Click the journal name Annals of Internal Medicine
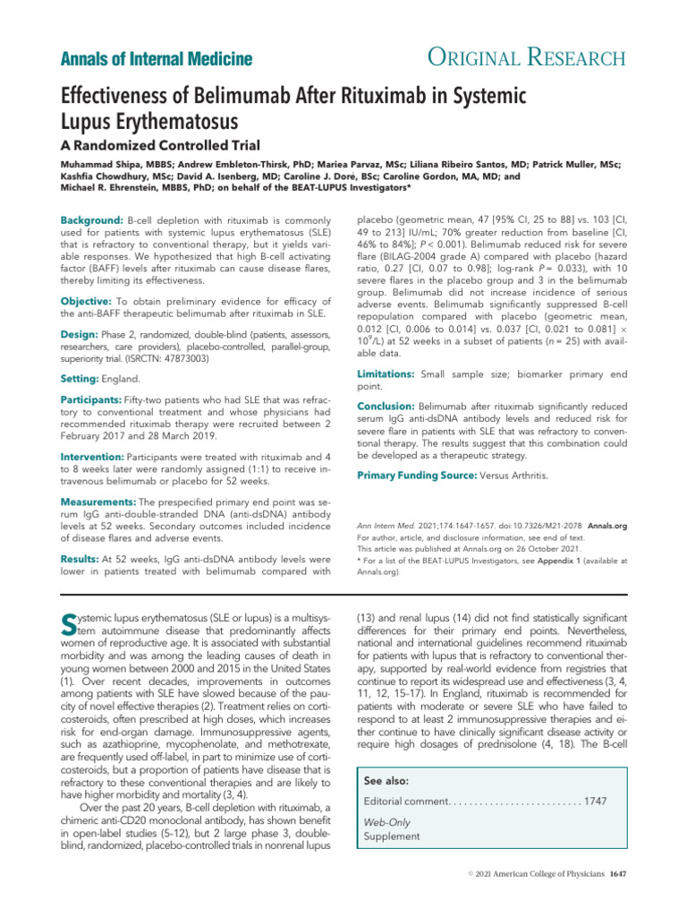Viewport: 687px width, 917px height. pos(156,60)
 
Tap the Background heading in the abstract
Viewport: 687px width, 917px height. pos(90,220)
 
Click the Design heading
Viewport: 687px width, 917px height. pos(80,334)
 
